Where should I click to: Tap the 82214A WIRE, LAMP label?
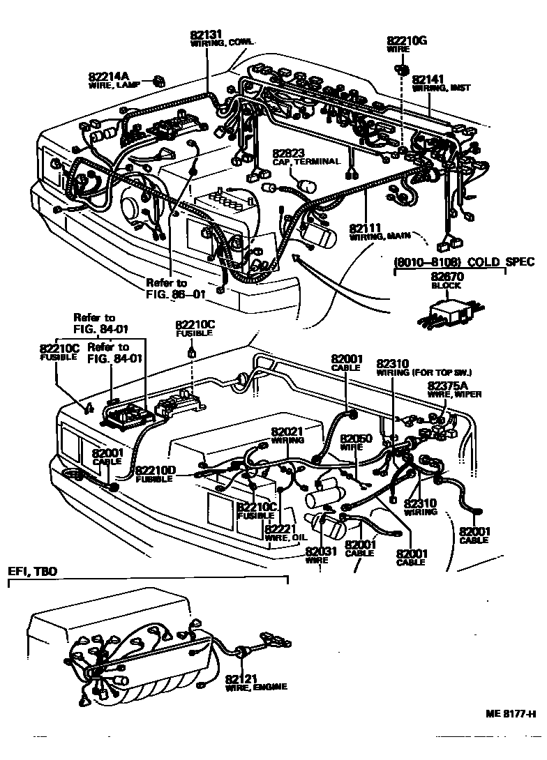click(114, 80)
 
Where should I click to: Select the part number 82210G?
click(407, 41)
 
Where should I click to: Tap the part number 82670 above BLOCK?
click(447, 276)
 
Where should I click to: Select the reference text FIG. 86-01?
click(175, 294)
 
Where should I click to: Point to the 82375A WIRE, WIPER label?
click(454, 389)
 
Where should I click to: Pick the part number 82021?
click(287, 432)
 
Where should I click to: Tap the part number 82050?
click(355, 439)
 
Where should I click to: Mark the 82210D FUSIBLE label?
click(155, 474)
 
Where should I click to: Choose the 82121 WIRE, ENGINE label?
click(255, 682)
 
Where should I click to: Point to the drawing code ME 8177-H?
click(511, 714)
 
